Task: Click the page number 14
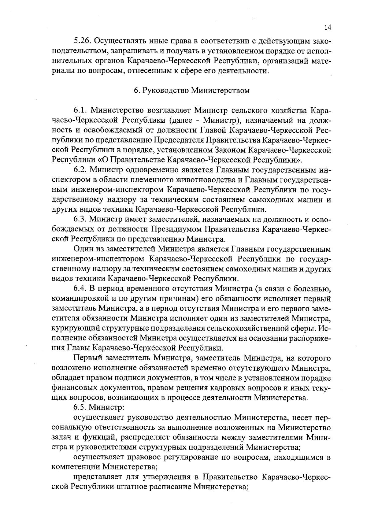tap(327, 28)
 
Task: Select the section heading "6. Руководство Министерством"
tap(192, 91)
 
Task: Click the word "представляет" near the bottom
tap(96, 477)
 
